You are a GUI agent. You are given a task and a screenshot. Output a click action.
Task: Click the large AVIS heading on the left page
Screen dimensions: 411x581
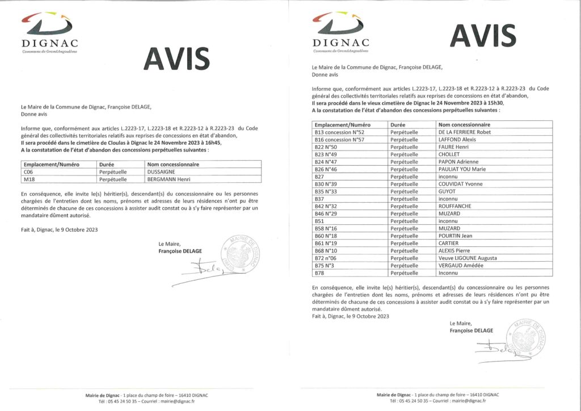(x=176, y=58)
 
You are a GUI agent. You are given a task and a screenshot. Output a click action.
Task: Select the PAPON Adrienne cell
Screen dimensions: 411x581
(x=458, y=162)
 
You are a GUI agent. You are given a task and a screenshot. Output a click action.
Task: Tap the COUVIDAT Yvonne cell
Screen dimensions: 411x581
(x=460, y=184)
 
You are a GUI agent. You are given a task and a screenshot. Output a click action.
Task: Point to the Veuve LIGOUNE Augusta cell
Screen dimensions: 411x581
(x=467, y=258)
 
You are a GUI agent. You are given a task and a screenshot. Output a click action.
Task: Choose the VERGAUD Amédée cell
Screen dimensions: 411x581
(x=460, y=265)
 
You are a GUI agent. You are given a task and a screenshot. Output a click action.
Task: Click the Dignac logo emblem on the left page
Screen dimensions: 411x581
(x=49, y=25)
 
